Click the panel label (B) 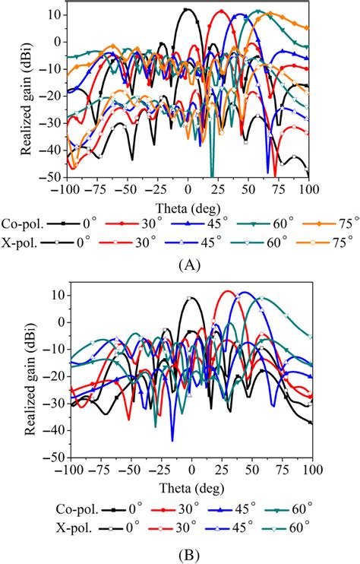pos(189,554)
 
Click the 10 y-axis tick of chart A pos(55,14)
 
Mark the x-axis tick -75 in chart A pos(96,189)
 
